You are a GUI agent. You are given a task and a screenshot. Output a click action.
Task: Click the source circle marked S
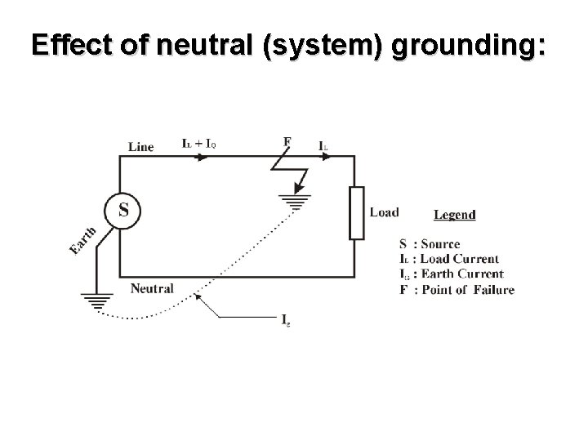[x=122, y=210]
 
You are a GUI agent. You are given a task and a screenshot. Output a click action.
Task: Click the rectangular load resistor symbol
[x=357, y=212]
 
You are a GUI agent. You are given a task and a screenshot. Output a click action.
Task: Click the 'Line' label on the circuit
[x=140, y=147]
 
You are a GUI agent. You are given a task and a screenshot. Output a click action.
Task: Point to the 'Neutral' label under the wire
[x=152, y=288]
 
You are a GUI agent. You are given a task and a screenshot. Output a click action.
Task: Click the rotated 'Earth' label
[x=83, y=239]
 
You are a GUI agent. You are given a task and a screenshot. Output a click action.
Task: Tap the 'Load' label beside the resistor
[x=384, y=212]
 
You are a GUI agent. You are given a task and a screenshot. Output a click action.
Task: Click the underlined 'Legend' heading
[x=455, y=215]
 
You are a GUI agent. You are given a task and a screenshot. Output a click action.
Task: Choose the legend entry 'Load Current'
[x=457, y=259]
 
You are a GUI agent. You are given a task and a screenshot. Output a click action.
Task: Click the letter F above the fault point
[x=287, y=142]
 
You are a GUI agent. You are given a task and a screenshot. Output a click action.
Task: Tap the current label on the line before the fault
[x=198, y=143]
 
